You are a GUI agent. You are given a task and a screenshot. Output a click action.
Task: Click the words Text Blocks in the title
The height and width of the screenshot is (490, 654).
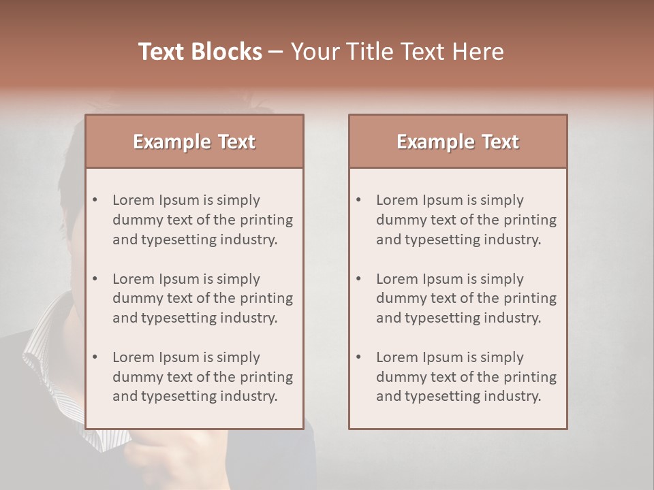[x=200, y=52]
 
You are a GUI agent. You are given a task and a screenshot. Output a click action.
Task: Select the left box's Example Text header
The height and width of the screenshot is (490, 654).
[x=194, y=142]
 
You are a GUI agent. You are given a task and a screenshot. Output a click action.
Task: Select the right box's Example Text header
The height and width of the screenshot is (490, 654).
[x=458, y=142]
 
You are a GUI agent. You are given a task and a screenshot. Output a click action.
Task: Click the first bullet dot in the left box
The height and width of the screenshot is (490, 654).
[x=95, y=200]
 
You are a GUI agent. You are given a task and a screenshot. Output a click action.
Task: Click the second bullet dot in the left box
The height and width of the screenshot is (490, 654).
[x=95, y=279]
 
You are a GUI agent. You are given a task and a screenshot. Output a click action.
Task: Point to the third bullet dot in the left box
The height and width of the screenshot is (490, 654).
[x=95, y=357]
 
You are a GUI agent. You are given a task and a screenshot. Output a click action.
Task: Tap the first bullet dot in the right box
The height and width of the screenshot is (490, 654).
[x=359, y=200]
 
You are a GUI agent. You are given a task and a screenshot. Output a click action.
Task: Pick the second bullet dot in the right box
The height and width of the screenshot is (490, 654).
[x=359, y=279]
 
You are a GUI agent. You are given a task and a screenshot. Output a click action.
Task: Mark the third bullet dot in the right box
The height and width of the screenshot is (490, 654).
[x=359, y=357]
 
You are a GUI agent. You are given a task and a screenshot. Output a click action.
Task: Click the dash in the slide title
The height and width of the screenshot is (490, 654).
[x=276, y=52]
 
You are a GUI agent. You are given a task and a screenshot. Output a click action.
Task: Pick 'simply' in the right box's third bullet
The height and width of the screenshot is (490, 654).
[x=501, y=357]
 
